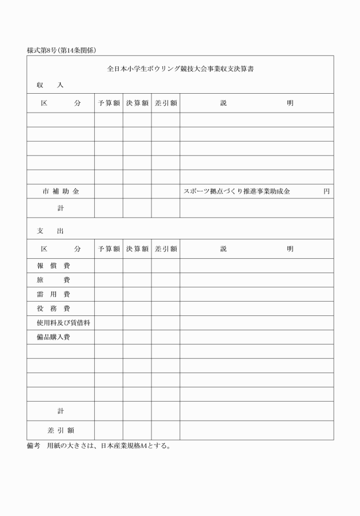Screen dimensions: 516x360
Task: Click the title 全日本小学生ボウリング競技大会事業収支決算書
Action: (181, 69)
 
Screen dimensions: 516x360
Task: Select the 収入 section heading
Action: (50, 85)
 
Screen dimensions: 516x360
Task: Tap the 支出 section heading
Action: (50, 231)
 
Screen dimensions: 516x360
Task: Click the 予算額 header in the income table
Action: (109, 103)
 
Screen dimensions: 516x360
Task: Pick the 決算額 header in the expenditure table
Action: (137, 249)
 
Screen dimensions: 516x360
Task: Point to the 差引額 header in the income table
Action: (166, 103)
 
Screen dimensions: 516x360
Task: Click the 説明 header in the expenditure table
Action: (257, 249)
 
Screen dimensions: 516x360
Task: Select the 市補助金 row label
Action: (61, 191)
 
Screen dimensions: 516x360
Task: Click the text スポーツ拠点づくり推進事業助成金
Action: (237, 191)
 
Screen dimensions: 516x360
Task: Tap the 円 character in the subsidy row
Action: (326, 191)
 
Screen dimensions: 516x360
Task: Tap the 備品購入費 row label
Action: (53, 337)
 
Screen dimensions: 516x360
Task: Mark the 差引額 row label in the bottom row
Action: (61, 430)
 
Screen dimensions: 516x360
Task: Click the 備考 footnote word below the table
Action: (34, 446)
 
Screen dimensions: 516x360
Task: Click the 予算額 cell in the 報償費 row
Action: (109, 266)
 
